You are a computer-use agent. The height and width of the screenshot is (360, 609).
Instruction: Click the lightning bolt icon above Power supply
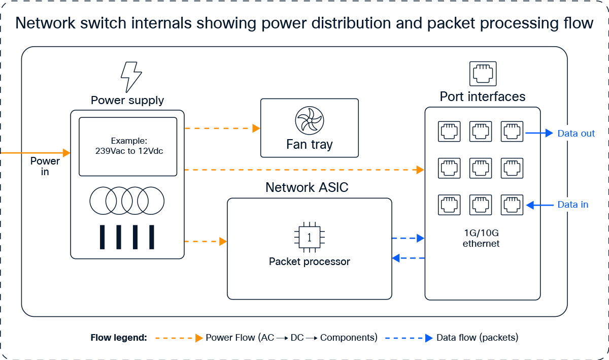(x=131, y=77)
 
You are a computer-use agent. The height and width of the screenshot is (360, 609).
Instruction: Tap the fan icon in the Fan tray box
(x=309, y=120)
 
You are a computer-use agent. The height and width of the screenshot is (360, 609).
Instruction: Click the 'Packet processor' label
(x=310, y=262)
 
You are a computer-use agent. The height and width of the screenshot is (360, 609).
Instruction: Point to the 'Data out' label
(x=576, y=134)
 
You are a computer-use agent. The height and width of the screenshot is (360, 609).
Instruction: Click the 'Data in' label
(x=573, y=205)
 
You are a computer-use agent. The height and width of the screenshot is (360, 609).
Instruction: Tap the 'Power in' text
(x=45, y=167)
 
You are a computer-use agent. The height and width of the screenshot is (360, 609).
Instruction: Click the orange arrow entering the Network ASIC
(x=206, y=241)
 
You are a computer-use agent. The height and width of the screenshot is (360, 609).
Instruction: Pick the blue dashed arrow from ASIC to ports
(x=408, y=238)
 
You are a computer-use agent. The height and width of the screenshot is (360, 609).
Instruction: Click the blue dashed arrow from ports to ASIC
(x=408, y=258)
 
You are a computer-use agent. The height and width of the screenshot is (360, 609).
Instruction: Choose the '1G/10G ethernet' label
(x=481, y=239)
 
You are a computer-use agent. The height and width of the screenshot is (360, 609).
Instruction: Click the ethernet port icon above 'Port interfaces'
(x=483, y=74)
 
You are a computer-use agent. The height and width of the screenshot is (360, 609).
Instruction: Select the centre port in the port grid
(x=480, y=168)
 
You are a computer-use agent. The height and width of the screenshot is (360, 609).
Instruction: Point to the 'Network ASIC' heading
(x=307, y=187)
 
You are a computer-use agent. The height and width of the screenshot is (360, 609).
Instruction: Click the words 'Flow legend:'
(x=119, y=338)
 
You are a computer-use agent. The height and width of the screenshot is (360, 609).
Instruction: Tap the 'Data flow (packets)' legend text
(x=477, y=338)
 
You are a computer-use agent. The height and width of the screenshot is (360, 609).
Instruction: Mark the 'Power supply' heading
(x=127, y=100)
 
